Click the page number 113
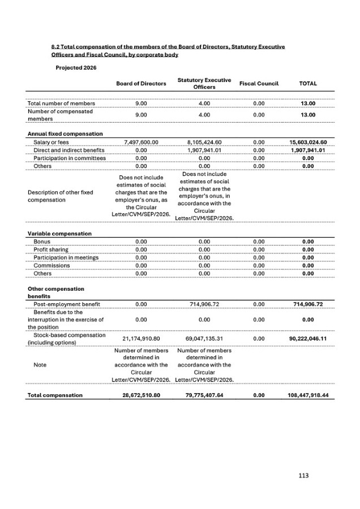pos(304,476)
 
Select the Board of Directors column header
pos(141,84)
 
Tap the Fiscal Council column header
pos(259,84)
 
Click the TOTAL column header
pos(307,84)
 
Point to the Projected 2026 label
pos(76,67)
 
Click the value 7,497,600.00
pos(140,142)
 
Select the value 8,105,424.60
pos(204,142)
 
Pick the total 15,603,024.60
pos(308,142)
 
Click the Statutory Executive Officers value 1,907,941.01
pos(204,150)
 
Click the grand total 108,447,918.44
pos(308,395)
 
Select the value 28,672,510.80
pos(142,395)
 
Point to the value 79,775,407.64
pos(204,395)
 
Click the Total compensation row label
pos(55,395)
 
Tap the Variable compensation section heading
pos(60,234)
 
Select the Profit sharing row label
pos(51,249)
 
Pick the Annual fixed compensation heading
pos(65,133)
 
